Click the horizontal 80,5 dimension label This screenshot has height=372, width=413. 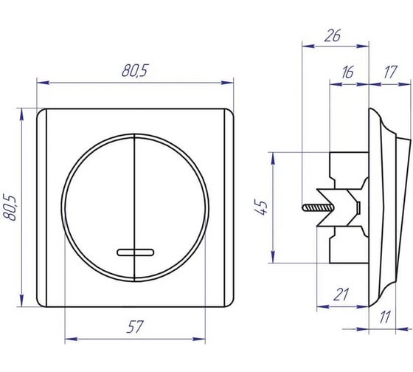click(x=135, y=71)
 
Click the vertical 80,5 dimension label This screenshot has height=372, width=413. click(x=10, y=207)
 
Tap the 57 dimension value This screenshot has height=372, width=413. click(x=135, y=326)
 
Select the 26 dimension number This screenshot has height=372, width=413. click(x=333, y=35)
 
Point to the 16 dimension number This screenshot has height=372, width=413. click(x=347, y=72)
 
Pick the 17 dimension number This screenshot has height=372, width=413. click(x=390, y=72)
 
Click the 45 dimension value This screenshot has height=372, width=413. click(x=261, y=207)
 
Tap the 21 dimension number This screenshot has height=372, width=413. click(x=341, y=294)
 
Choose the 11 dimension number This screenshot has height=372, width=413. click(x=385, y=317)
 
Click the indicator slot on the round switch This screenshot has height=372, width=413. click(x=135, y=252)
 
